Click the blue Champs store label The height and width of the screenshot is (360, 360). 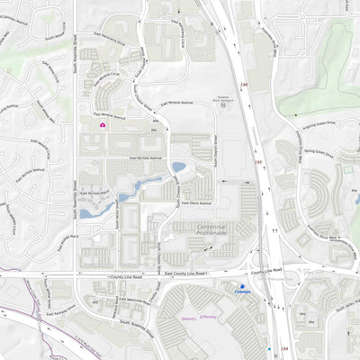click(x=243, y=292)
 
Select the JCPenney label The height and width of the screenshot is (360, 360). click(x=208, y=316)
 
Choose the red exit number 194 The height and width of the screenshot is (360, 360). click(x=284, y=347)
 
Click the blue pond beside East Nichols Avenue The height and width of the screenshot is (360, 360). click(x=179, y=167)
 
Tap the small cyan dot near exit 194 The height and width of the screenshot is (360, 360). click(x=269, y=348)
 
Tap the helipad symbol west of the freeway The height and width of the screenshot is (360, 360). click(x=220, y=105)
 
